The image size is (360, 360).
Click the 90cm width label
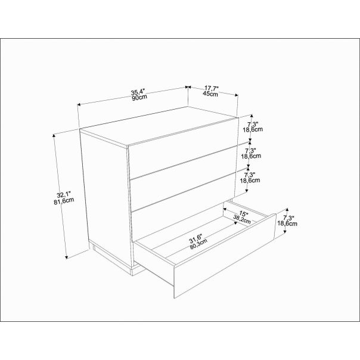(139, 98)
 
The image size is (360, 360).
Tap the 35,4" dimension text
(138, 92)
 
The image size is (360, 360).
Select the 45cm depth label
(210, 94)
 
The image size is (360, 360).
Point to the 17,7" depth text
(212, 88)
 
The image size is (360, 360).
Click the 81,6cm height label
(64, 200)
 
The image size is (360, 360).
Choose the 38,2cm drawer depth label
(242, 219)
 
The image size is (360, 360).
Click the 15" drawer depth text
(244, 214)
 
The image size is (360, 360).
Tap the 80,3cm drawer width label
(198, 244)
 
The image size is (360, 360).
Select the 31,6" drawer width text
(195, 239)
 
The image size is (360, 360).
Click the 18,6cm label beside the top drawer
(253, 129)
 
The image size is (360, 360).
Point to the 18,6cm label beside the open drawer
(287, 223)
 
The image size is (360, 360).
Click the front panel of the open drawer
(225, 256)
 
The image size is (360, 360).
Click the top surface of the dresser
(159, 126)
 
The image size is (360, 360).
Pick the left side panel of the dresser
(107, 197)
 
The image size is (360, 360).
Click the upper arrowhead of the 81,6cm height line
(54, 135)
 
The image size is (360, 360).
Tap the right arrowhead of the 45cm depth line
(237, 95)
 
